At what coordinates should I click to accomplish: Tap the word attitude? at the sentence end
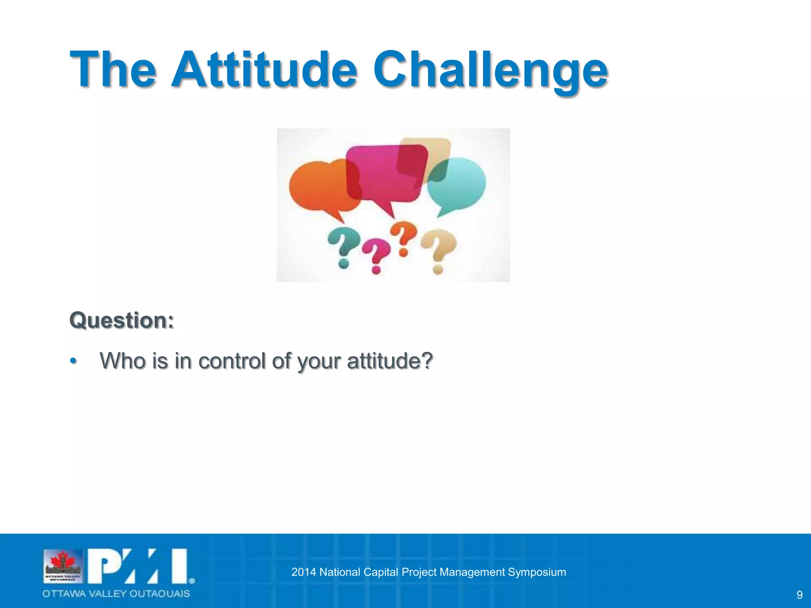(x=390, y=361)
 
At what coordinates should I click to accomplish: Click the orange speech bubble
(x=317, y=186)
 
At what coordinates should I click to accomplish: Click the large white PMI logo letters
(x=139, y=566)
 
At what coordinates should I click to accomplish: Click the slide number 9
(x=799, y=595)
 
